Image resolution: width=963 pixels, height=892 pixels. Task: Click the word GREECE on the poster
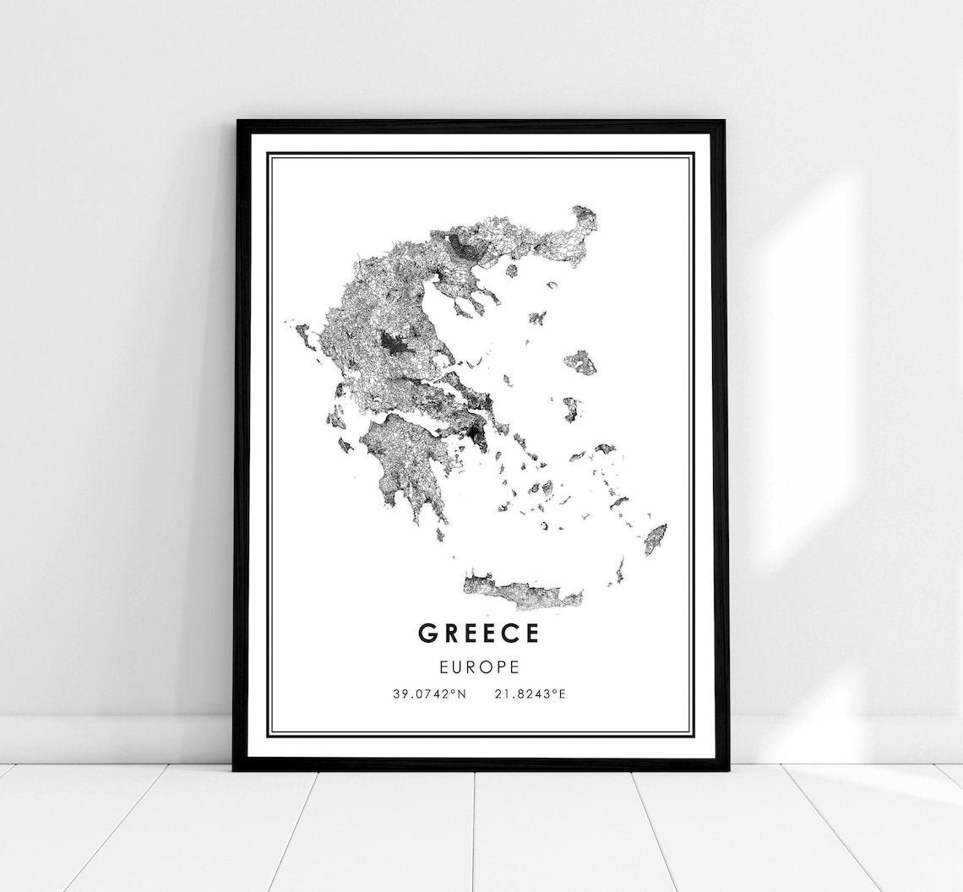click(x=477, y=634)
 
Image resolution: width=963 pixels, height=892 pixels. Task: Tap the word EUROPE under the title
click(x=478, y=666)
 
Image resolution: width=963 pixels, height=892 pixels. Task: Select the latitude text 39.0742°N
click(x=429, y=694)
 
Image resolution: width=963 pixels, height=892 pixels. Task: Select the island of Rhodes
click(x=655, y=539)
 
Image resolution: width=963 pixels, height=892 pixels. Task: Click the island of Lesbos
click(x=580, y=362)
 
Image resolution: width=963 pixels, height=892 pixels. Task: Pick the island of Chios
click(x=571, y=409)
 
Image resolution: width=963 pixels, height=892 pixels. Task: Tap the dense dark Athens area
click(x=478, y=435)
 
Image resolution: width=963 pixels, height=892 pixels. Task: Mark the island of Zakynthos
click(x=345, y=444)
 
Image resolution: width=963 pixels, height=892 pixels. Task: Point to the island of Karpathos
click(x=619, y=572)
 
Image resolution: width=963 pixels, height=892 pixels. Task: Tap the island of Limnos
click(x=537, y=318)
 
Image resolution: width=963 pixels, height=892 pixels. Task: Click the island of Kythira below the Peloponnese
click(x=440, y=533)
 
